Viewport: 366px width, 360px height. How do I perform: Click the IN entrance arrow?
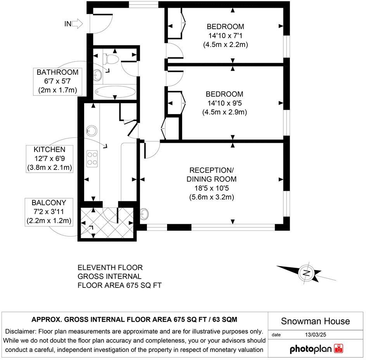77,24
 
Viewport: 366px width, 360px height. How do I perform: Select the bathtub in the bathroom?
115,93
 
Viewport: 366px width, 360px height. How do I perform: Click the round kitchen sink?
92,130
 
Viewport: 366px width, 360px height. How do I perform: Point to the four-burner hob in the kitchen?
92,158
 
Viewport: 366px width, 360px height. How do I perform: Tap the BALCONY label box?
49,212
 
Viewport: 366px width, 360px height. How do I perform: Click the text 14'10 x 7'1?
225,36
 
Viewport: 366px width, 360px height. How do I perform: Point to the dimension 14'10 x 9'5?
224,103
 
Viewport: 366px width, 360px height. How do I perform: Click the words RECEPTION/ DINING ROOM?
211,175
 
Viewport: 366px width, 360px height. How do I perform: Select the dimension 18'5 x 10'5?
211,188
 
